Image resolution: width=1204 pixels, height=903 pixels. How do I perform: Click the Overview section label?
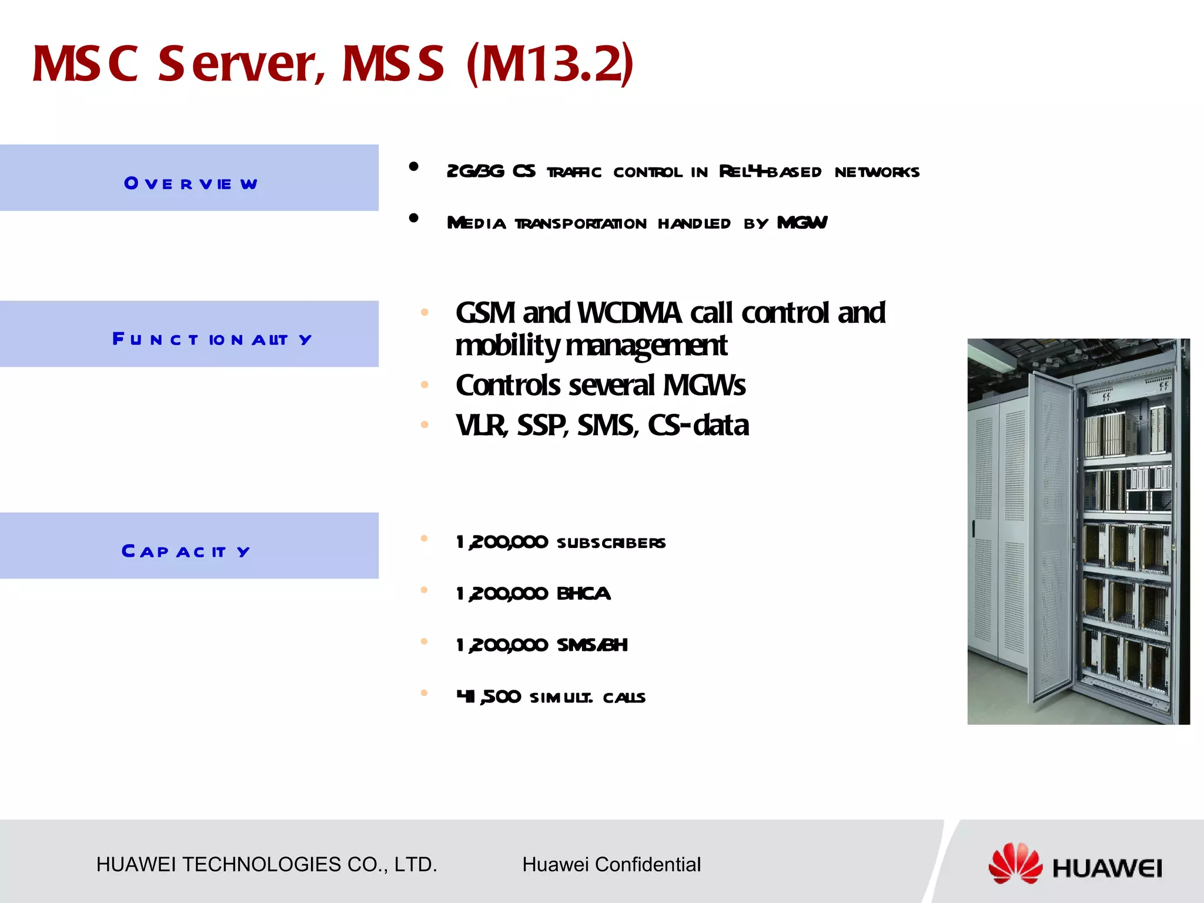pos(190,183)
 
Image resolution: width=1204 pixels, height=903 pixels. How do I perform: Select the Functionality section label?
pos(212,339)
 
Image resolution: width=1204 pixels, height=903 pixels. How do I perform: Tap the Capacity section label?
pos(186,551)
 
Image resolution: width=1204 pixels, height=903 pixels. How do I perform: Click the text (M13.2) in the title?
pos(550,63)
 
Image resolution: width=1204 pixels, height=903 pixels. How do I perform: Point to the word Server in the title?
pos(241,63)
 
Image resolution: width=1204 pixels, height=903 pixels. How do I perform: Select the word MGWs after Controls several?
pos(704,386)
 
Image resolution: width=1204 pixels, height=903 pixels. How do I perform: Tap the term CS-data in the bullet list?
pos(698,425)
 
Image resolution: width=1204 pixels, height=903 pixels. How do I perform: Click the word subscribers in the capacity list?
pos(611,543)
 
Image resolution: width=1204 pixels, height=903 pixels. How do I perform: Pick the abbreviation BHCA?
pos(583,594)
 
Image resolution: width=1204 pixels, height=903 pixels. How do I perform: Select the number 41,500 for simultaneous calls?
pos(489,697)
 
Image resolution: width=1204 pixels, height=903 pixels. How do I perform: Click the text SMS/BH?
pos(592,645)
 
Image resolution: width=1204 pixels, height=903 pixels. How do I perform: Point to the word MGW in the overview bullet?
pos(802,223)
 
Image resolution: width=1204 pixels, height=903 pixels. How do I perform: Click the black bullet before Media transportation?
pos(414,218)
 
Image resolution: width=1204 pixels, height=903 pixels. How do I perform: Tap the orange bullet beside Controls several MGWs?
pos(424,386)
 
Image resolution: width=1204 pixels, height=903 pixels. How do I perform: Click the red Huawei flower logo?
pos(1015,864)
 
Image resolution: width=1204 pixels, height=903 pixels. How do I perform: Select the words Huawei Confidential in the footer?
pos(611,864)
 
